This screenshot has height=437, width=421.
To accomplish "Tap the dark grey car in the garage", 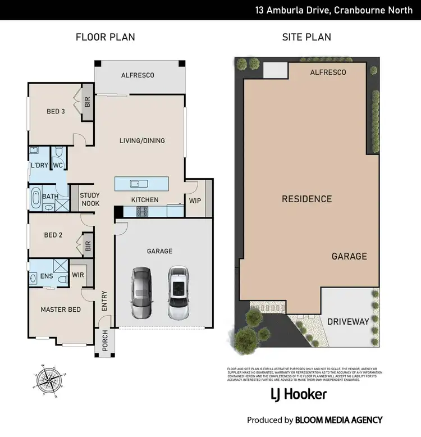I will point(141,293).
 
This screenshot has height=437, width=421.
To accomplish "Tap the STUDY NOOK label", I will point(90,199).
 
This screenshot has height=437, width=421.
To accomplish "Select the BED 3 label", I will point(56,111).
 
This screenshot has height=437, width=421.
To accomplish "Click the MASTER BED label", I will point(61,309).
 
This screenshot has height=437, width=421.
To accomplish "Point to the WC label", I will point(58,165).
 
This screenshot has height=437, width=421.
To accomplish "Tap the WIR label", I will point(77,275).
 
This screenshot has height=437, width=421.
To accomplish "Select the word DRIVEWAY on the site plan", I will point(348,322).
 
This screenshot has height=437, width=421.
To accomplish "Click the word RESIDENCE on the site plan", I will point(306,199).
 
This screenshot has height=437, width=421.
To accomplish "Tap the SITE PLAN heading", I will point(306,37).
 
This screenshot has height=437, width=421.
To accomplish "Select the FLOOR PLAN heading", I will point(106,37).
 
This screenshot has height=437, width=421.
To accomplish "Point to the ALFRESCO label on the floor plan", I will point(138,75).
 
